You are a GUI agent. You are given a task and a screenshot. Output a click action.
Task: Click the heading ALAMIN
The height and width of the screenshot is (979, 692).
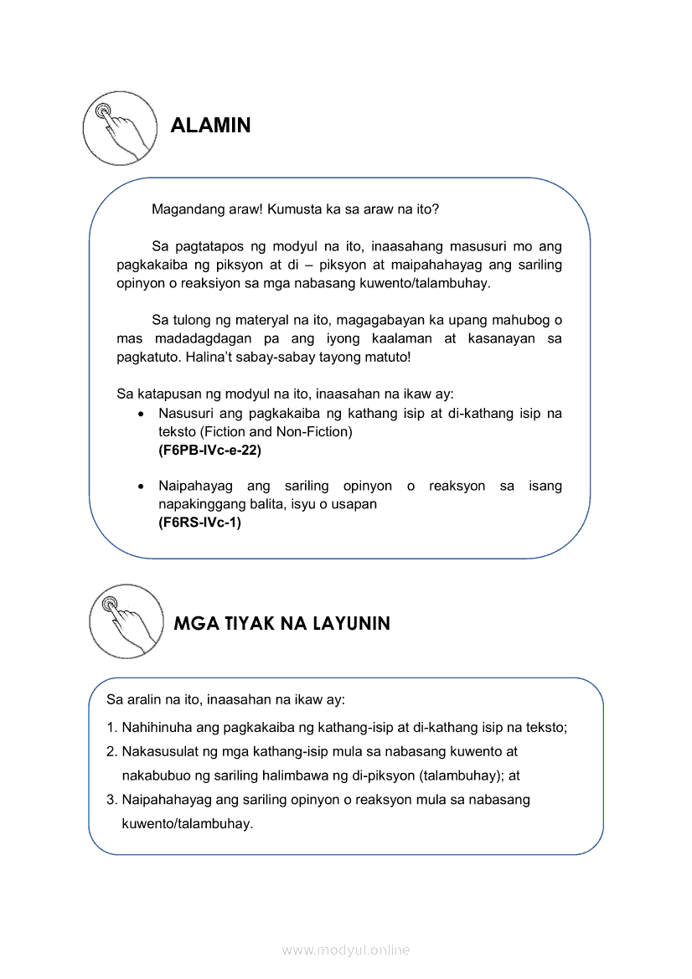[x=210, y=126]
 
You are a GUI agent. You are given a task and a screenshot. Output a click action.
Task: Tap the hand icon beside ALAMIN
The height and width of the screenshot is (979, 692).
[x=119, y=126]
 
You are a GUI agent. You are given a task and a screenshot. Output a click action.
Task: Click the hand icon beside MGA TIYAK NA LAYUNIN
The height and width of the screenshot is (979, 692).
[x=127, y=621]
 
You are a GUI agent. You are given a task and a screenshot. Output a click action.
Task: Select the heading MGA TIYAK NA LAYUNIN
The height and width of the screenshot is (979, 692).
[x=281, y=624]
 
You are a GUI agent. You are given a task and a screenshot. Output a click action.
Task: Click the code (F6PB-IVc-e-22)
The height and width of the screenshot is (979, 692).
[x=209, y=450]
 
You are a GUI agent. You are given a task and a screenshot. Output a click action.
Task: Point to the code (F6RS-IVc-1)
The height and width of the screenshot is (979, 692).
[x=199, y=523]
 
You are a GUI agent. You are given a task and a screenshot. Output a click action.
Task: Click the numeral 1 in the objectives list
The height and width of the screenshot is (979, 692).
[x=111, y=728]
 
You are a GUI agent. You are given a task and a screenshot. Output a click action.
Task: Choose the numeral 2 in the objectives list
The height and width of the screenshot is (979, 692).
[x=111, y=752]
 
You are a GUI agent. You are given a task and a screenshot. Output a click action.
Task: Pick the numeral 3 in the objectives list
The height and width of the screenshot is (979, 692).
[x=111, y=800]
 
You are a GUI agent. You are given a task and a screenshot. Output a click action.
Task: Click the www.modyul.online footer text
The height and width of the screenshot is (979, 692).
[x=346, y=950]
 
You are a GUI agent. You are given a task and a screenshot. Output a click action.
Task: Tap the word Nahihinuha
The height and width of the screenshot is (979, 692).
[x=158, y=728]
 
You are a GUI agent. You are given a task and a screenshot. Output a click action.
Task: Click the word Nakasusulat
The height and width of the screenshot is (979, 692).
[x=158, y=752]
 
